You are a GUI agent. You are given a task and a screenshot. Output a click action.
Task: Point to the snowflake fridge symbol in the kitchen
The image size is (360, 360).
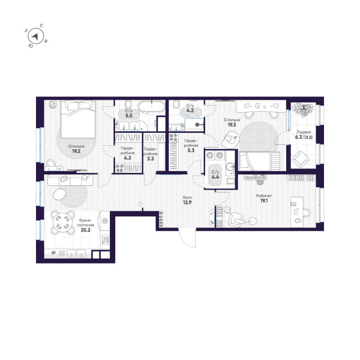click(104, 220)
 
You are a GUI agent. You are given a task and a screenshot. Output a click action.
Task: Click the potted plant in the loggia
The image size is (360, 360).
click(303, 109)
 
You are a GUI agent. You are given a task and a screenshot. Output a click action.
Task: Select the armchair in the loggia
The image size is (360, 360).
click(300, 159)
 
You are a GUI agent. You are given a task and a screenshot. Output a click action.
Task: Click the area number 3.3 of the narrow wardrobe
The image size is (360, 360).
click(150, 159)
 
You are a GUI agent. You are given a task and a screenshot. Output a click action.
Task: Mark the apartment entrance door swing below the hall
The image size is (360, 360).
click(188, 238)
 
